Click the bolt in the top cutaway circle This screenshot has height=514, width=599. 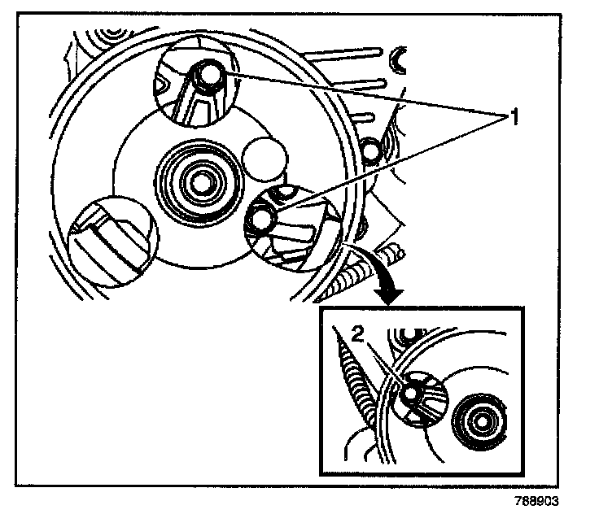coord(209,75)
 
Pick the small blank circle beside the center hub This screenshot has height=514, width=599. coord(262,158)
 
